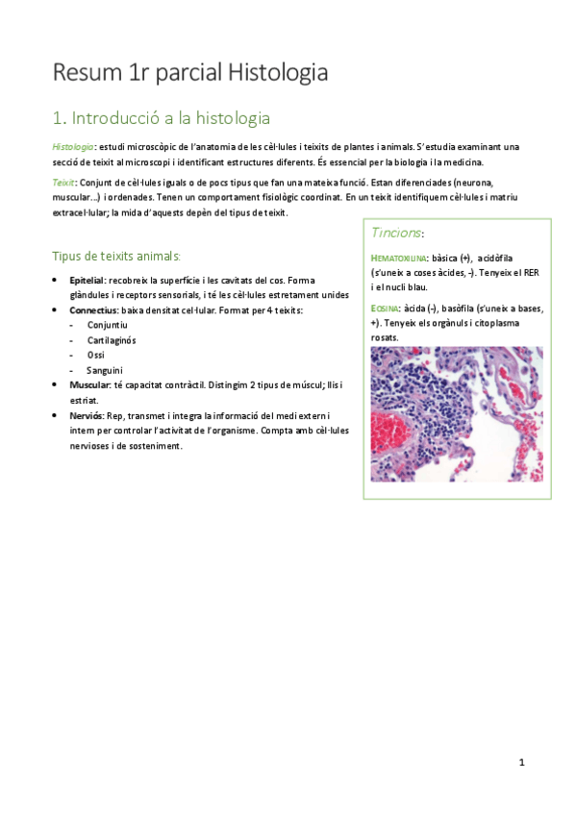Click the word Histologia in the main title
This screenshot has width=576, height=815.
[x=278, y=73]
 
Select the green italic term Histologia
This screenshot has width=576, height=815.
[x=72, y=146]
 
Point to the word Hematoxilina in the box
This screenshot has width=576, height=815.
[x=399, y=259]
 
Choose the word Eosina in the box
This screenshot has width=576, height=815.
[x=386, y=309]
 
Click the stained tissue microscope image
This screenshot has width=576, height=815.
[x=456, y=413]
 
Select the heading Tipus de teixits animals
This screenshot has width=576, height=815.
[x=114, y=256]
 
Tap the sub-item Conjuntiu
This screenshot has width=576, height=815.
[x=108, y=326]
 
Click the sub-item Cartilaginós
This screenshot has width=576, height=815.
[x=113, y=340]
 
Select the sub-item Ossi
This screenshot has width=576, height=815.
[x=95, y=355]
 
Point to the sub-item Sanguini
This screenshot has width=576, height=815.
[x=105, y=370]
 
